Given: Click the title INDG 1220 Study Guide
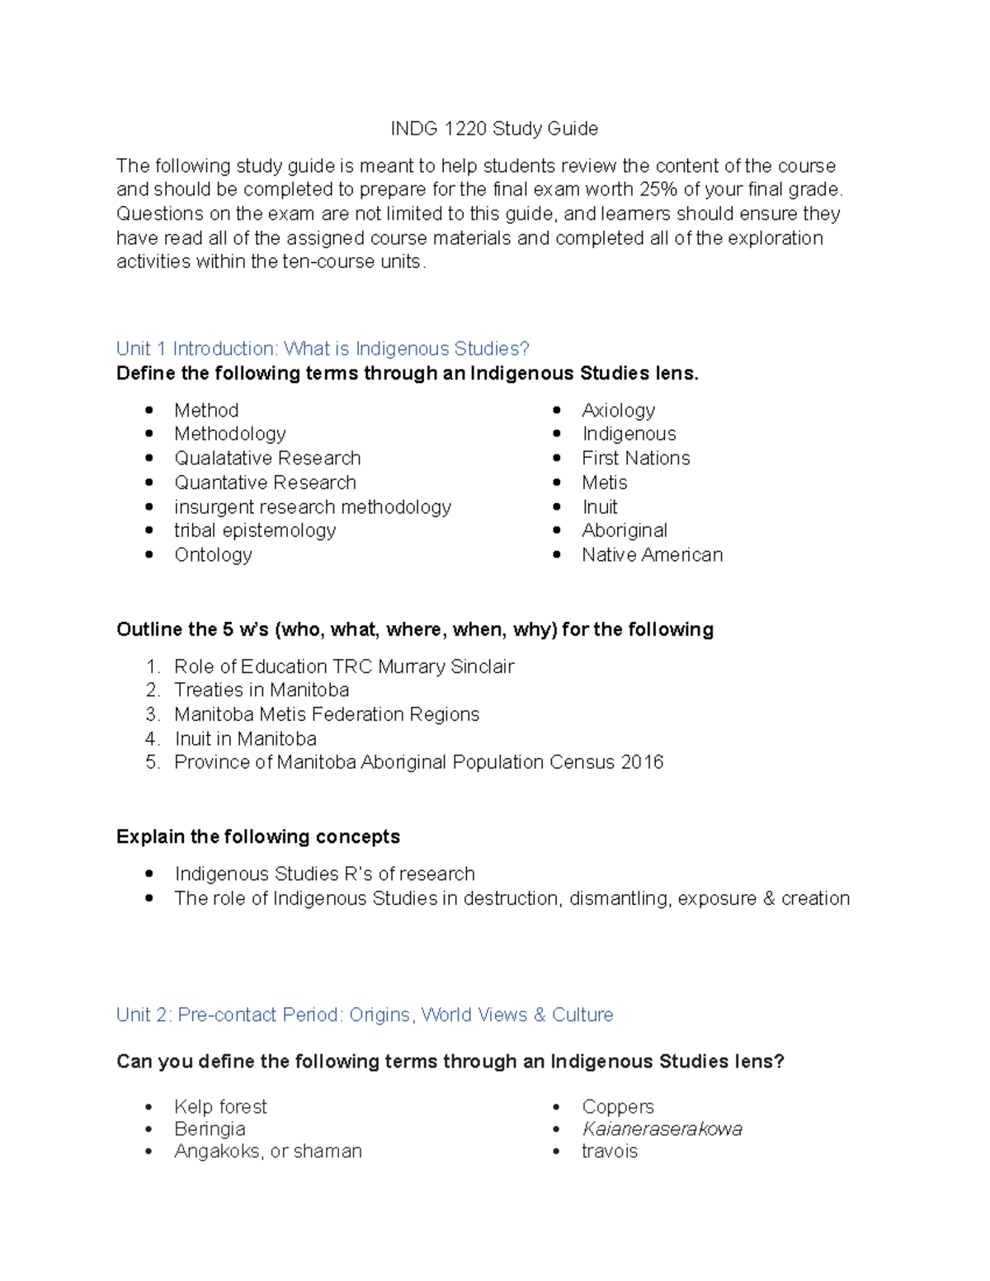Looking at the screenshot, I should [494, 129].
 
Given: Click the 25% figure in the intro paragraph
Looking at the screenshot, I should [658, 190].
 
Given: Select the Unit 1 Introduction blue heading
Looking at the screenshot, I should [323, 349].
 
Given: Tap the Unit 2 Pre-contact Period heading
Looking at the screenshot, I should [365, 1015].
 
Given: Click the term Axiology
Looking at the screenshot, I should [618, 410].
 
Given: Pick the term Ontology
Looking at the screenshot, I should [213, 555].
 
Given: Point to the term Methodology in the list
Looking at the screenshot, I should [230, 434].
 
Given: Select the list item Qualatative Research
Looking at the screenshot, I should [267, 459].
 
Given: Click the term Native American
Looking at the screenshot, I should [652, 555].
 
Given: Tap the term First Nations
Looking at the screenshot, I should [635, 459].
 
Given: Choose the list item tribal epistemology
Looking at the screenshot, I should [255, 530].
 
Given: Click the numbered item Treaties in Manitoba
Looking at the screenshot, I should [262, 690].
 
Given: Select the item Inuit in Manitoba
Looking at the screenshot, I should [245, 739].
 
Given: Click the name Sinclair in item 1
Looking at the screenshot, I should [483, 666].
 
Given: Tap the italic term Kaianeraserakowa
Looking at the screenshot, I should [662, 1129].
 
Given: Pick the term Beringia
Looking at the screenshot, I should [210, 1129].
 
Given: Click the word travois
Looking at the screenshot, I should [610, 1151].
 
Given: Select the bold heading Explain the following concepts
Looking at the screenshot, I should [258, 836].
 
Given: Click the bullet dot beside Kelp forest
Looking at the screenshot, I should [149, 1107].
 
